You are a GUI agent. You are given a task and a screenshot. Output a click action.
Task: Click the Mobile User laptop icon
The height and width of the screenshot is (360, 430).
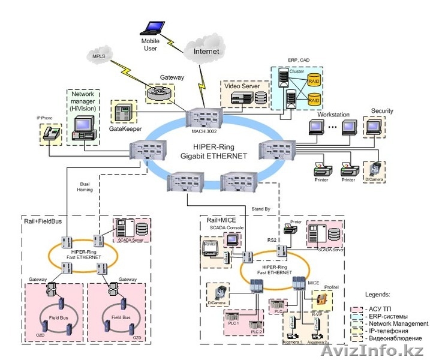click(x=152, y=28)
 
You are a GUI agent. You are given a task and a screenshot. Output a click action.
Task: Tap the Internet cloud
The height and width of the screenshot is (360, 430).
click(x=206, y=52)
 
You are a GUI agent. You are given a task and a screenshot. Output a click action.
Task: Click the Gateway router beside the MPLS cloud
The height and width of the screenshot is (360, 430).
click(x=159, y=93)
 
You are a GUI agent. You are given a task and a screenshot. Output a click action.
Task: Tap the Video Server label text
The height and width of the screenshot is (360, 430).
click(x=242, y=86)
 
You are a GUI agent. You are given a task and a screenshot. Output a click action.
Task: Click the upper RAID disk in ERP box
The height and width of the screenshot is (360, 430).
click(x=315, y=80)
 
